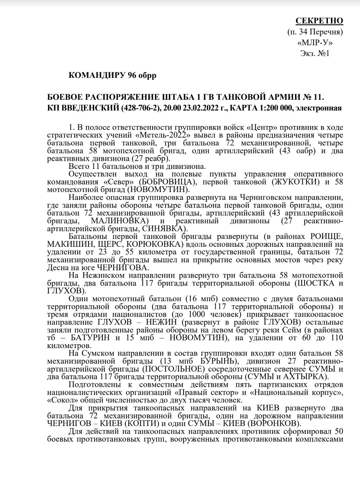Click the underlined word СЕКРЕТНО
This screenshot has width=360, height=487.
[x=319, y=21]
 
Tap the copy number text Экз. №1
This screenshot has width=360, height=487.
[x=315, y=53]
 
